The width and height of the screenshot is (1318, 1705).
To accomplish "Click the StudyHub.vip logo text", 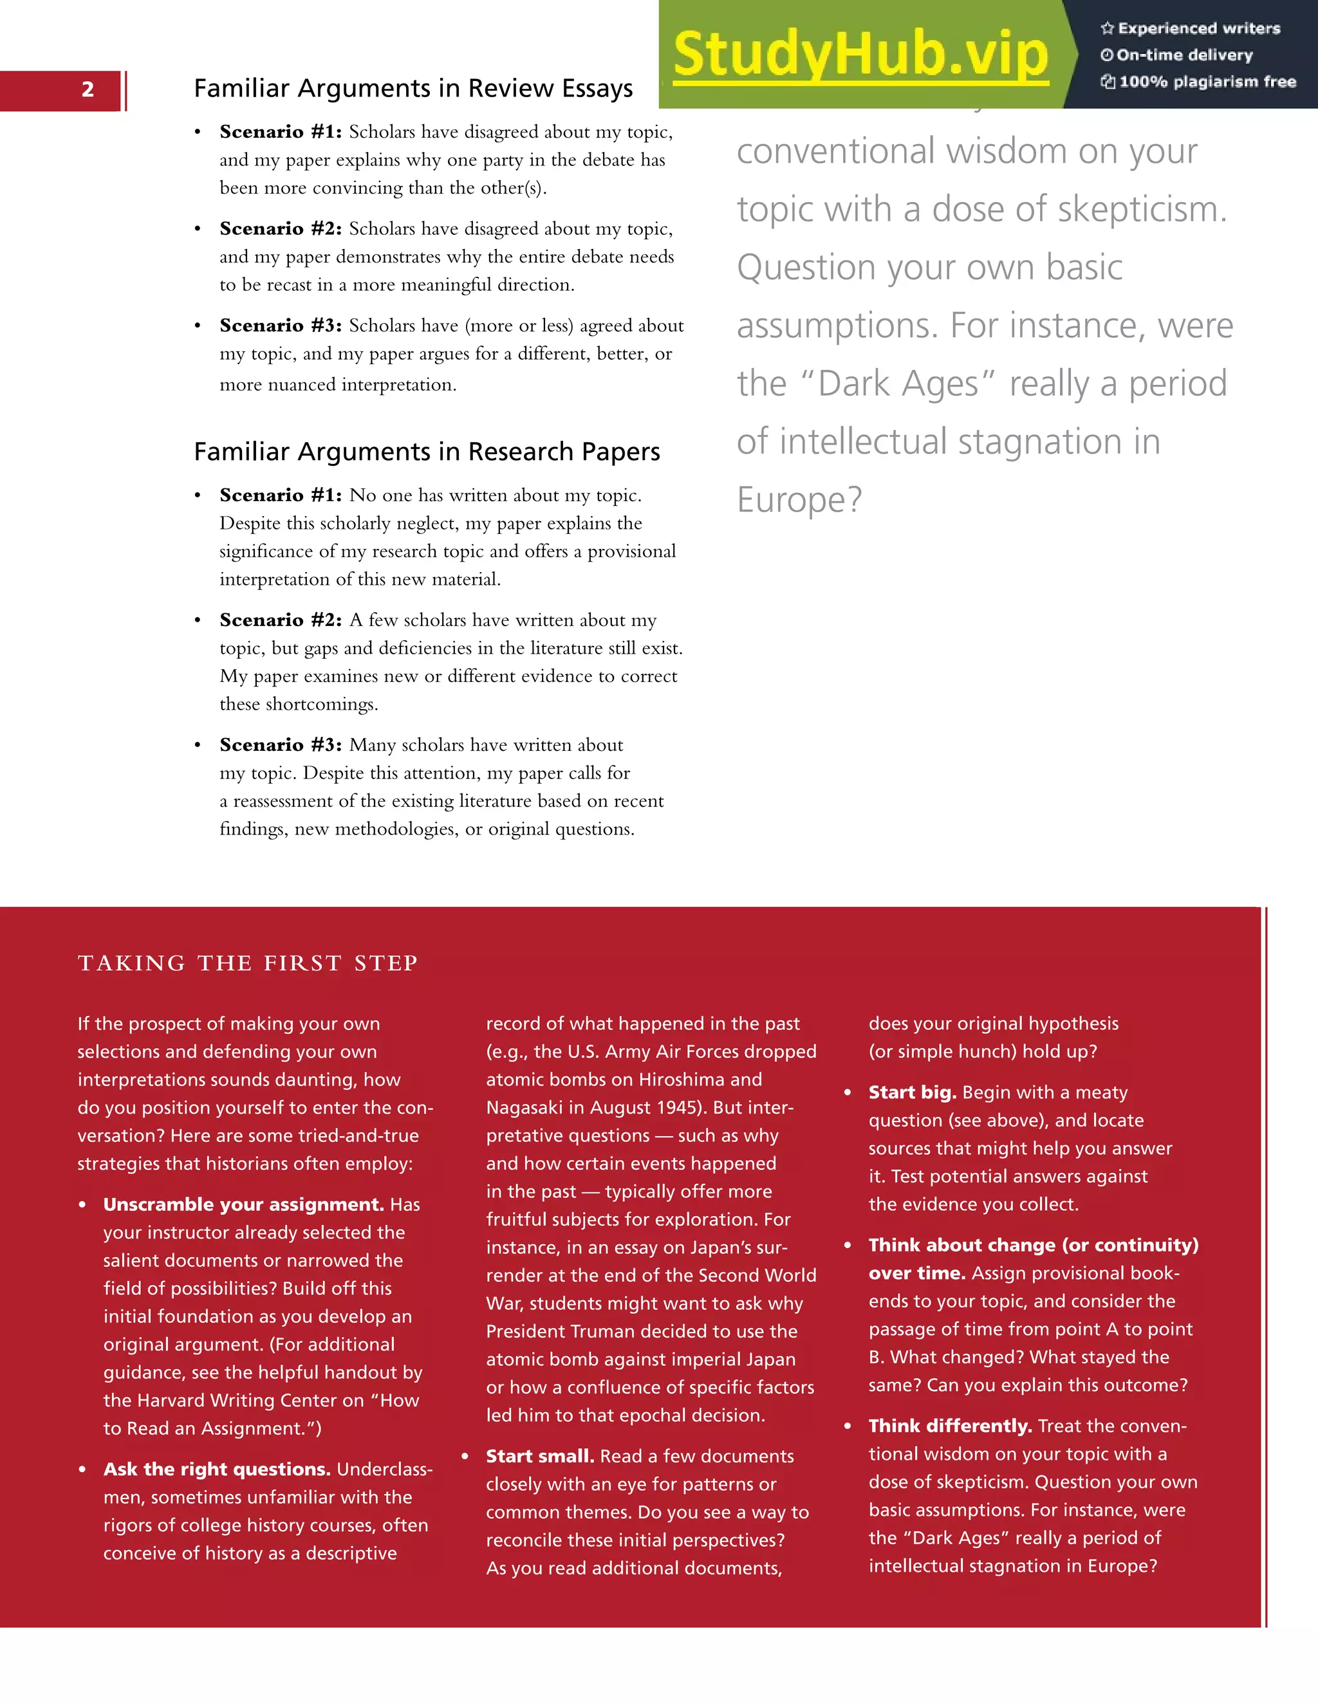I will pyautogui.click(x=860, y=55).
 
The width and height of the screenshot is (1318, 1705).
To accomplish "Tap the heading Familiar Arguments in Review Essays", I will pyautogui.click(x=413, y=88).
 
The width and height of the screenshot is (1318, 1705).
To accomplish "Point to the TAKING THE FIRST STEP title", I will pyautogui.click(x=248, y=963).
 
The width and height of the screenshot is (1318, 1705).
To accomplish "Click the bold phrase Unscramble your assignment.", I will pyautogui.click(x=243, y=1204).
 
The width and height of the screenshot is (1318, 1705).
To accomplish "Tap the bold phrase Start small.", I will pyautogui.click(x=539, y=1456).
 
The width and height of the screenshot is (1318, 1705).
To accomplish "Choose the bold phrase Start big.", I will pyautogui.click(x=912, y=1092).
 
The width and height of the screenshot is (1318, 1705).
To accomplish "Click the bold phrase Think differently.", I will pyautogui.click(x=951, y=1426).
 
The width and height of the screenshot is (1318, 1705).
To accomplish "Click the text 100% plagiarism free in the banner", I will pyautogui.click(x=1207, y=82).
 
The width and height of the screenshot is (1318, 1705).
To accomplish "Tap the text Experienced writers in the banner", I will pyautogui.click(x=1198, y=29).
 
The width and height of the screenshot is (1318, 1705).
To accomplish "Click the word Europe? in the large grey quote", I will pyautogui.click(x=799, y=500).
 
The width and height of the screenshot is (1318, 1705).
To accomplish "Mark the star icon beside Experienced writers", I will pyautogui.click(x=1106, y=29).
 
